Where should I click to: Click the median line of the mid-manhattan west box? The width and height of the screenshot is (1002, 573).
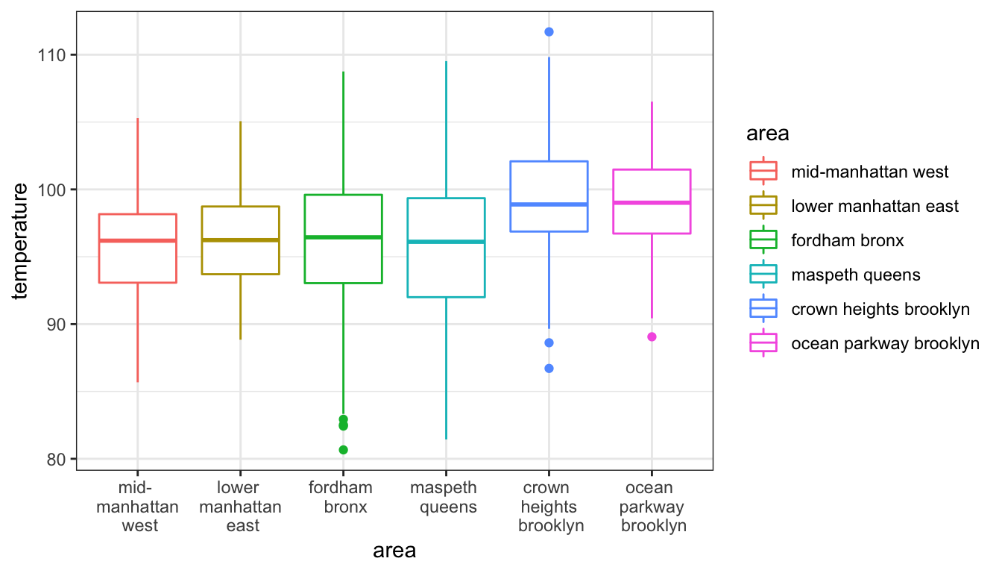[137, 240]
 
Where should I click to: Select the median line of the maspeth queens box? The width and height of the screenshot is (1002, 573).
[446, 242]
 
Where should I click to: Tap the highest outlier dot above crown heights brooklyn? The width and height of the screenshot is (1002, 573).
[549, 31]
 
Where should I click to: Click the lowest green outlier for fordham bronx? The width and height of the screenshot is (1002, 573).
[343, 450]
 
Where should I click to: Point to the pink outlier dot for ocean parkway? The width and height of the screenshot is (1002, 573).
[652, 336]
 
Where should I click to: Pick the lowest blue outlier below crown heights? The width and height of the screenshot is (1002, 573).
[549, 369]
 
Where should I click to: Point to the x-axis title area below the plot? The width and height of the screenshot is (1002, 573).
[394, 551]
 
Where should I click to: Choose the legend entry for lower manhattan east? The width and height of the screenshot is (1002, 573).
[875, 206]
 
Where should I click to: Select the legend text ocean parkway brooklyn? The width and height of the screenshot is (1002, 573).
[885, 344]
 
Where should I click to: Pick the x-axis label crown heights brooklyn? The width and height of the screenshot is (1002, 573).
[550, 507]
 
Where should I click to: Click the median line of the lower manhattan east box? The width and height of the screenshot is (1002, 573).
[240, 239]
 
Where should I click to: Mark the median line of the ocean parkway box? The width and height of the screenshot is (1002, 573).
[652, 203]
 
